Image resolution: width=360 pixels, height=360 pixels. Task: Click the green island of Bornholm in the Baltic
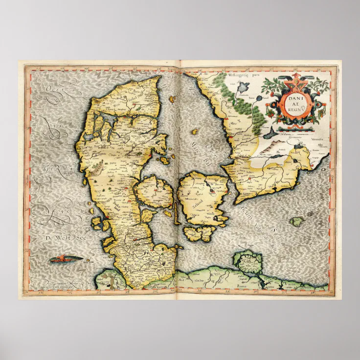[x=296, y=222]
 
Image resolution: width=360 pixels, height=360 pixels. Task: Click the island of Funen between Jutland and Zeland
[x=154, y=192]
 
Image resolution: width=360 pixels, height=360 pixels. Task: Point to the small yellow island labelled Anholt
[x=194, y=132]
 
